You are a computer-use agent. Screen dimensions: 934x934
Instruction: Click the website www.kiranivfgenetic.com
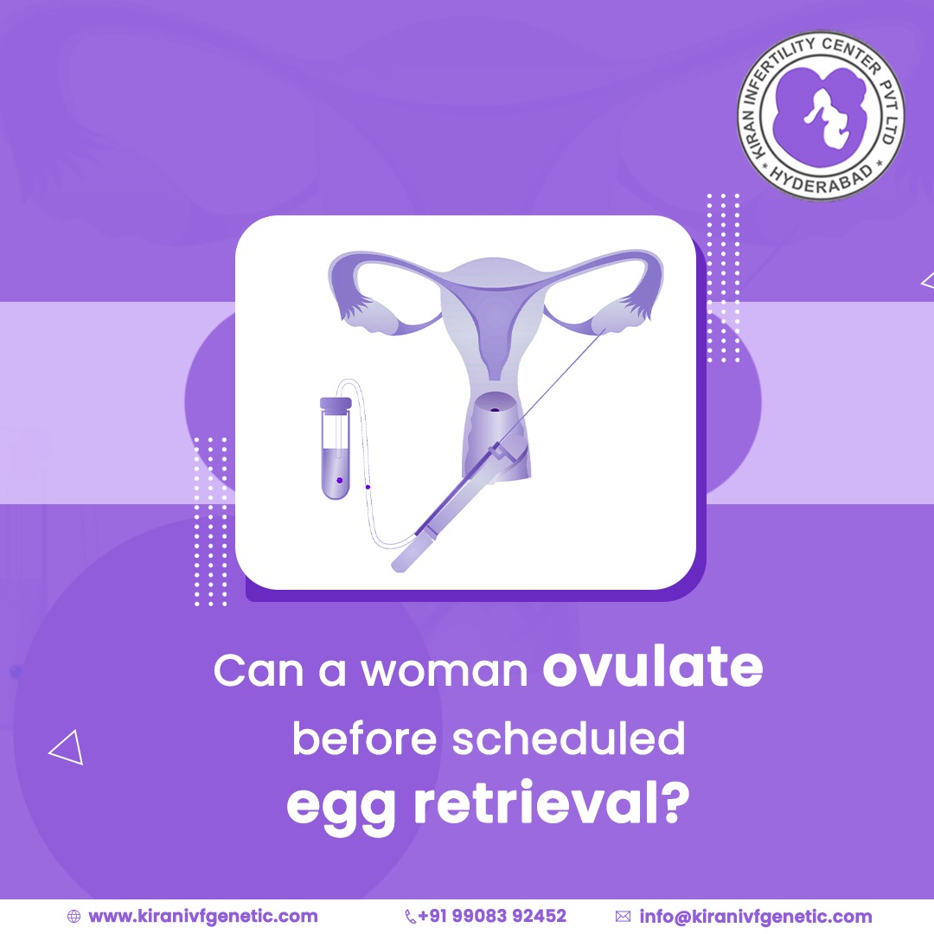pos(203,916)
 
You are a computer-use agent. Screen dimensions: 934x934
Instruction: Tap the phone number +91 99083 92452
pos(492,916)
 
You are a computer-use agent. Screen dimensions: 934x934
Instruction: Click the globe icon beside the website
pos(74,916)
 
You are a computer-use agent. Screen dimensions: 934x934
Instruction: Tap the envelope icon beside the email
pos(623,916)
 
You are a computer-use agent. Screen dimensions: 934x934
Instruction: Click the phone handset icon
pos(410,916)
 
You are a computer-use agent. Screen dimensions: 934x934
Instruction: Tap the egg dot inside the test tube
pos(339,479)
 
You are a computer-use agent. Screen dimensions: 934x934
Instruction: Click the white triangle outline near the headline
pos(67,748)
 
